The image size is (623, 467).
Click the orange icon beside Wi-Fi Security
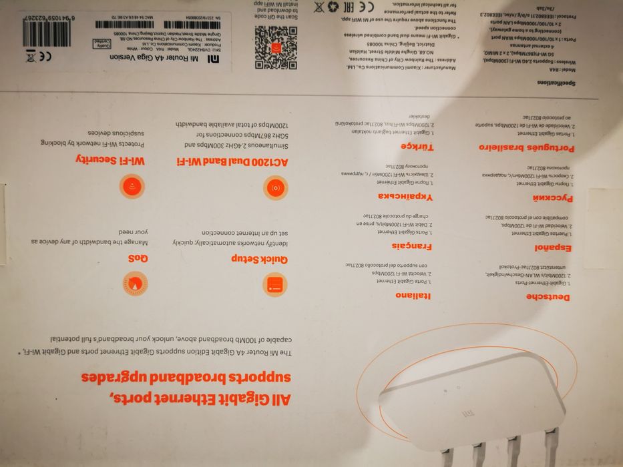point(132,186)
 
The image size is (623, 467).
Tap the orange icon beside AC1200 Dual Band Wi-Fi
point(274,188)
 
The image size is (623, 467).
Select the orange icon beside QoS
point(135,284)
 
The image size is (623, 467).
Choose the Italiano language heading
point(413,295)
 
